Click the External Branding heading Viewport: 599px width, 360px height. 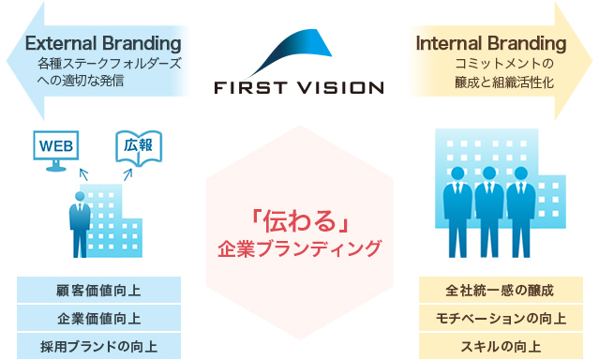(103, 43)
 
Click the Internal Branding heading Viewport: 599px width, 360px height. (490, 43)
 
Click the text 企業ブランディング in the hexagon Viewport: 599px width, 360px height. (299, 249)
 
